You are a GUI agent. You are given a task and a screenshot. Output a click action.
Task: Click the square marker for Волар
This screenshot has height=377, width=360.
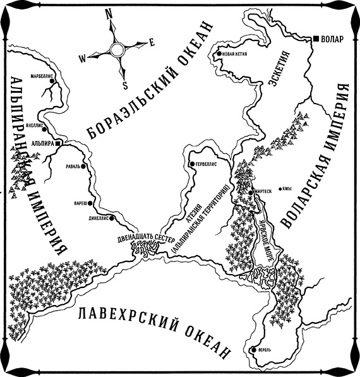pyautogui.click(x=316, y=39)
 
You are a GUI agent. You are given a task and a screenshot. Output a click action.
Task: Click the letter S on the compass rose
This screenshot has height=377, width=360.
pyautogui.click(x=125, y=85)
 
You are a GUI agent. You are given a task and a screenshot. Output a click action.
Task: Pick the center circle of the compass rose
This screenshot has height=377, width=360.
pyautogui.click(x=117, y=49)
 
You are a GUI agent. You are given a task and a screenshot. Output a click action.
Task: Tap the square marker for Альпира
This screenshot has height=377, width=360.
pyautogui.click(x=58, y=144)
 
